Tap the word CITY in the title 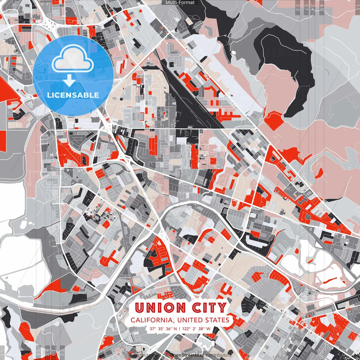tap(209, 308)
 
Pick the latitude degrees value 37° tap(153, 328)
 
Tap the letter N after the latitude tap(175, 328)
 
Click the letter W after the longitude tap(208, 328)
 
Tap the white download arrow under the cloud tap(69, 81)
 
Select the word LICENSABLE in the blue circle tap(73, 95)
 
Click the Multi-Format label tap(180, 3)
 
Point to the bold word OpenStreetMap tap(187, 355)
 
